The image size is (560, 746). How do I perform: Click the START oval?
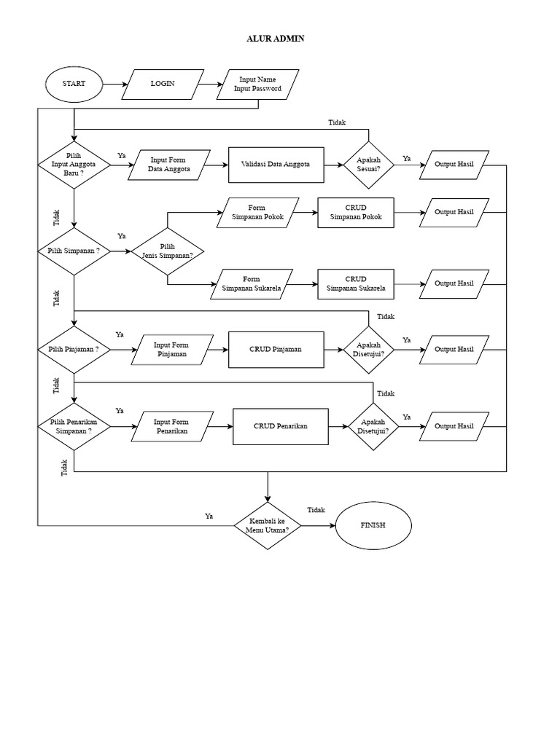click(74, 84)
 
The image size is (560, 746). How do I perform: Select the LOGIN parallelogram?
click(162, 84)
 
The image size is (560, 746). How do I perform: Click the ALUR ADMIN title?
click(275, 39)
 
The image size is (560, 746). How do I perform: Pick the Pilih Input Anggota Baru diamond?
click(74, 165)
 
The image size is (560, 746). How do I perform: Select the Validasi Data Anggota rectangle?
click(276, 165)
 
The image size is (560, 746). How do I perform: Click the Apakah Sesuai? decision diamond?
click(369, 165)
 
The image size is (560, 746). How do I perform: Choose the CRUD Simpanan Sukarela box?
click(356, 283)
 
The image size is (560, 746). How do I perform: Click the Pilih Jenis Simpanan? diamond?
click(168, 251)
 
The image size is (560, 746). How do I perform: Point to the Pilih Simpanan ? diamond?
click(74, 251)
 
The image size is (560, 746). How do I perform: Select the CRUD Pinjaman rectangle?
click(276, 349)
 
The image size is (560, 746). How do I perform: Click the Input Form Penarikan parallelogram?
click(172, 426)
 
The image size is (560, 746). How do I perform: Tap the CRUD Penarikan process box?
click(280, 426)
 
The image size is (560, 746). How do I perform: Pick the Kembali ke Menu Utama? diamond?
click(268, 526)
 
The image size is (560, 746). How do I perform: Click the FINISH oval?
click(373, 525)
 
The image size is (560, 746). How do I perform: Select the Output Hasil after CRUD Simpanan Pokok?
click(454, 212)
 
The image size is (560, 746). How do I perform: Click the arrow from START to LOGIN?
click(113, 84)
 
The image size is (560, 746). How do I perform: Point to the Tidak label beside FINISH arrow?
click(316, 510)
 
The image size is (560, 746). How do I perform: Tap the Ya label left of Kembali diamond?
click(209, 516)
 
